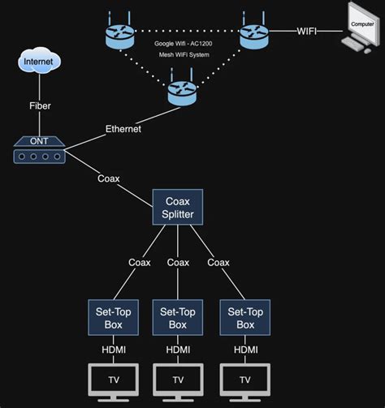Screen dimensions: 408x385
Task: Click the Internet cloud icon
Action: click(40, 62)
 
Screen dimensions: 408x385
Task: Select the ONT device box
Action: click(40, 149)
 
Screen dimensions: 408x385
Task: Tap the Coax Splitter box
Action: click(178, 207)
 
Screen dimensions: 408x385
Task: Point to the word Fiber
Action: click(40, 105)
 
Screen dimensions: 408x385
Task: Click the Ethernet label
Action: click(123, 128)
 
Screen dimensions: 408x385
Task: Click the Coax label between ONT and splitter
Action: click(109, 178)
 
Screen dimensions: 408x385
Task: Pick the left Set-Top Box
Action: click(111, 317)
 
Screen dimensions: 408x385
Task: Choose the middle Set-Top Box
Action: click(178, 317)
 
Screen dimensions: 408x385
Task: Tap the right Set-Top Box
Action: click(244, 317)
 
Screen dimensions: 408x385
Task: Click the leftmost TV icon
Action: click(111, 380)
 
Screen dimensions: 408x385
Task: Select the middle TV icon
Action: click(178, 380)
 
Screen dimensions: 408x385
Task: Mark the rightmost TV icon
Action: click(244, 380)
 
